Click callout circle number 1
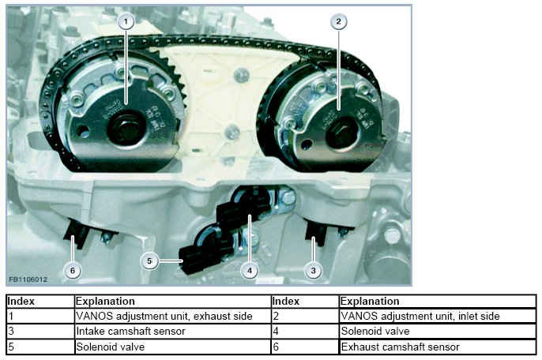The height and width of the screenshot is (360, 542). click(126, 21)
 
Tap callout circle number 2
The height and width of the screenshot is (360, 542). click(338, 21)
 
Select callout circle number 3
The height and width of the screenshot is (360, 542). click(313, 270)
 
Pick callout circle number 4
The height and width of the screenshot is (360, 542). click(250, 271)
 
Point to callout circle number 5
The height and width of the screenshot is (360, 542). click(149, 261)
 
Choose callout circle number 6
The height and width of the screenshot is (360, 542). click(73, 270)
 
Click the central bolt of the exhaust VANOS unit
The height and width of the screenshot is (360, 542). click(126, 127)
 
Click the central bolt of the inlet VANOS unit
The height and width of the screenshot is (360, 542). click(341, 133)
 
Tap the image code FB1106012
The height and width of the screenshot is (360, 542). click(28, 279)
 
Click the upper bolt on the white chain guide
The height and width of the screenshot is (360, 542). click(241, 75)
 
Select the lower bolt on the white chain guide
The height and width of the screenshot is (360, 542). click(231, 132)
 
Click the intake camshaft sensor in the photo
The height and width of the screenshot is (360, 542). click(315, 231)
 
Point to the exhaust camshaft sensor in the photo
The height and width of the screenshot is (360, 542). click(77, 233)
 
